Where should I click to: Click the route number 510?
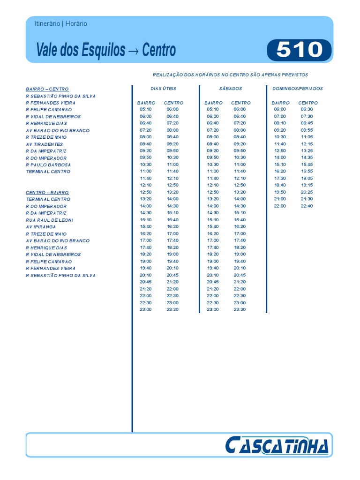[299, 50]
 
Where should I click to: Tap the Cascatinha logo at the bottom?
[277, 445]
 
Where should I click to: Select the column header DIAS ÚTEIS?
[163, 89]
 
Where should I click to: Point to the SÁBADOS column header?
[230, 89]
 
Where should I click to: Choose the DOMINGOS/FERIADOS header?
[298, 89]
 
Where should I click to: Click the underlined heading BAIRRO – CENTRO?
[47, 89]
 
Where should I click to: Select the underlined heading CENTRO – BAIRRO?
[47, 193]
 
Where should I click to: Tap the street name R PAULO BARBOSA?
[49, 165]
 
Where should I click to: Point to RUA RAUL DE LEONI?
[50, 220]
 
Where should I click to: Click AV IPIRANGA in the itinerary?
[41, 227]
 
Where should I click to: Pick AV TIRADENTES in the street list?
[45, 144]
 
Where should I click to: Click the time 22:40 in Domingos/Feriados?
[307, 206]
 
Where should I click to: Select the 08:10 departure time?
[280, 123]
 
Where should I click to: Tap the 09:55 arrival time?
[307, 130]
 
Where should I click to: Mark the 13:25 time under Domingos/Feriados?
[307, 151]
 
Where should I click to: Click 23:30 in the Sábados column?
[240, 310]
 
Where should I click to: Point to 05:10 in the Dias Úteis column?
[146, 110]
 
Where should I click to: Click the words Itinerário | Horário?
[61, 24]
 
